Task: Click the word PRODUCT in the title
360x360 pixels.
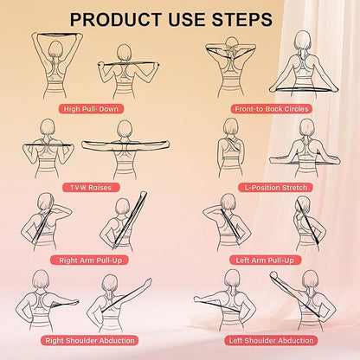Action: (x=116, y=20)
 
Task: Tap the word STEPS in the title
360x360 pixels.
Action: (x=242, y=20)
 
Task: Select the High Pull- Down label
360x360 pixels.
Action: (x=91, y=109)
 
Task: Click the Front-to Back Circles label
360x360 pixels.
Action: (x=272, y=109)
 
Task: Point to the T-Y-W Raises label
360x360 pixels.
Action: (x=91, y=188)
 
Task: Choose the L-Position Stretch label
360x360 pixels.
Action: (x=276, y=188)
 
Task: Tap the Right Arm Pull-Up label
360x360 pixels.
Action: (x=90, y=260)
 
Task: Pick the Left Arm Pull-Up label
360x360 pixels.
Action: (x=265, y=260)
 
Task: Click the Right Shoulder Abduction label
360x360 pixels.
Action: (x=90, y=340)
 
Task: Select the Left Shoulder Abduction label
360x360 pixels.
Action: (x=271, y=340)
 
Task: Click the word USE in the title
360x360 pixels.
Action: (x=186, y=20)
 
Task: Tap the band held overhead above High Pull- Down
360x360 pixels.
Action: (x=57, y=35)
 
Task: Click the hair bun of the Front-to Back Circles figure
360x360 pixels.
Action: (x=231, y=41)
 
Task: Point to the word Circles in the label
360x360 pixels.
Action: (x=296, y=109)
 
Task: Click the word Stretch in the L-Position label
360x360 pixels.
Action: (x=294, y=188)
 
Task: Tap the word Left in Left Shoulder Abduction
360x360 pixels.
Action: (x=235, y=340)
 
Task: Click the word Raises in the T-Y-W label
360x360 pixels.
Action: (x=100, y=188)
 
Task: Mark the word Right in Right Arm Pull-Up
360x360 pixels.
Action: (x=67, y=260)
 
